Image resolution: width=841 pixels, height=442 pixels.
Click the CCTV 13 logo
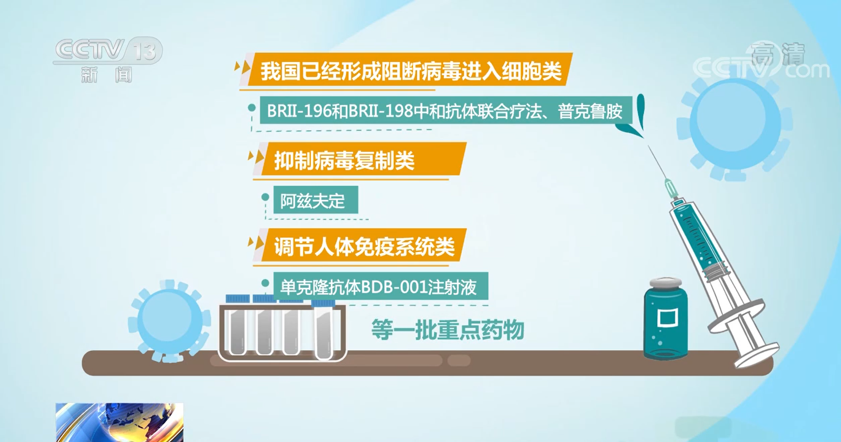[x=107, y=60]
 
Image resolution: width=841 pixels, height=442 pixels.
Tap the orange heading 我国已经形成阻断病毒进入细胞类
[x=410, y=70]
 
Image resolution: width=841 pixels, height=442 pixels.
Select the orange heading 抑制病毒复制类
[x=344, y=160]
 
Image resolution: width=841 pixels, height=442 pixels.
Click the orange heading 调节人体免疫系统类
[x=364, y=246]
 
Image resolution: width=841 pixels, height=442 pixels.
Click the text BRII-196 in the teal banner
[x=299, y=111]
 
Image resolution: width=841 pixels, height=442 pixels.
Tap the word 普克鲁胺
[x=590, y=111]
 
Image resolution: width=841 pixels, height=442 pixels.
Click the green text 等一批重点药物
[x=448, y=330]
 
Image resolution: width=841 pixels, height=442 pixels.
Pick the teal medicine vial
[x=665, y=319]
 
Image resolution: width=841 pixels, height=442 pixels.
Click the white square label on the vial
[x=667, y=318]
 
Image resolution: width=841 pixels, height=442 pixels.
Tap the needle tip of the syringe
[x=648, y=145]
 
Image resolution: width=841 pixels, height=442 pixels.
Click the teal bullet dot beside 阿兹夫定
[x=265, y=197]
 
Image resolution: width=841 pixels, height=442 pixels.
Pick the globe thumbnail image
[x=120, y=422]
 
